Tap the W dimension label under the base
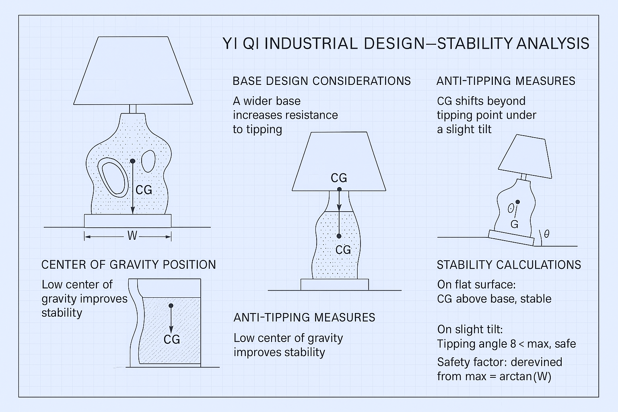coord(132,236)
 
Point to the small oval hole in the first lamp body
coord(148,161)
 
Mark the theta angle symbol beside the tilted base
coord(546,234)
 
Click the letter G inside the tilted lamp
coord(514,225)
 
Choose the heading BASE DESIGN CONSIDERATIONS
coord(321,81)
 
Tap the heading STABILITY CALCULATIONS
coord(509,265)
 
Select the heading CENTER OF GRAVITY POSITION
coord(128,265)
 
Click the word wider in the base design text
coord(272,101)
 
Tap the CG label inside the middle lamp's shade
coord(339,178)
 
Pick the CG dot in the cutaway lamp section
coord(171,306)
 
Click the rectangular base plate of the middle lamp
coord(334,284)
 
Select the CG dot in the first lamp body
coord(132,161)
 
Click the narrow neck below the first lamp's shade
coord(133,109)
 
